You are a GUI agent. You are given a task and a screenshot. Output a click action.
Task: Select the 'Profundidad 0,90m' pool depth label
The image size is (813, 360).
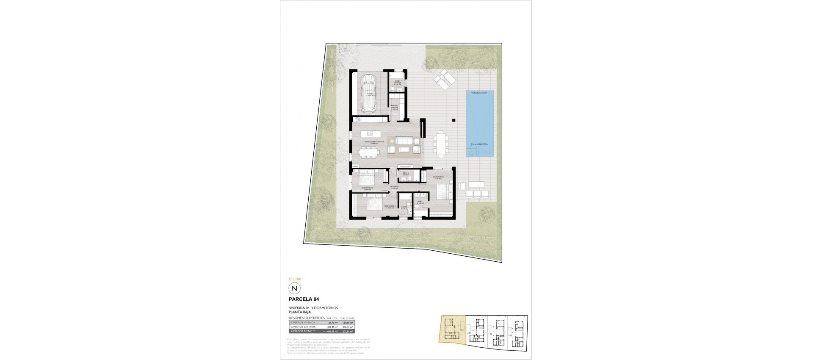click(x=480, y=144)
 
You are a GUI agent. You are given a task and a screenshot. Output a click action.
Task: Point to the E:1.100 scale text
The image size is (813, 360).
click(x=294, y=280)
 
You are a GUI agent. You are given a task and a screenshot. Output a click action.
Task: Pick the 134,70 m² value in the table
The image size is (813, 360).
click(x=333, y=323)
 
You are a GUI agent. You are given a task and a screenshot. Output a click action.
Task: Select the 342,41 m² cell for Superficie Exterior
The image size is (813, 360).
click(x=348, y=327)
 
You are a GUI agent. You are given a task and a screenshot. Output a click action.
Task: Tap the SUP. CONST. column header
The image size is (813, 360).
click(x=347, y=318)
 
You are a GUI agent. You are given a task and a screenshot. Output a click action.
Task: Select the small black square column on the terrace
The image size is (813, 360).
click(x=454, y=120)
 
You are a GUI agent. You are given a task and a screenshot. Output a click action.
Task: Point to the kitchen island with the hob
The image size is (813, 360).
click(x=75, y=134)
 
